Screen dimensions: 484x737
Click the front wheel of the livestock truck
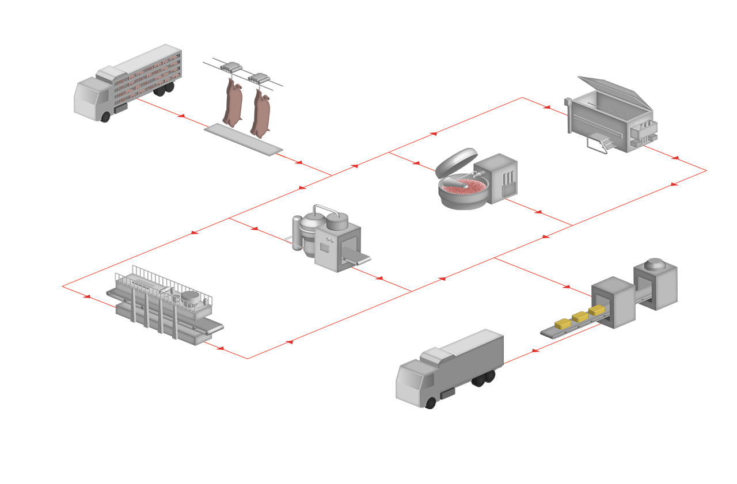click(x=107, y=117)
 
